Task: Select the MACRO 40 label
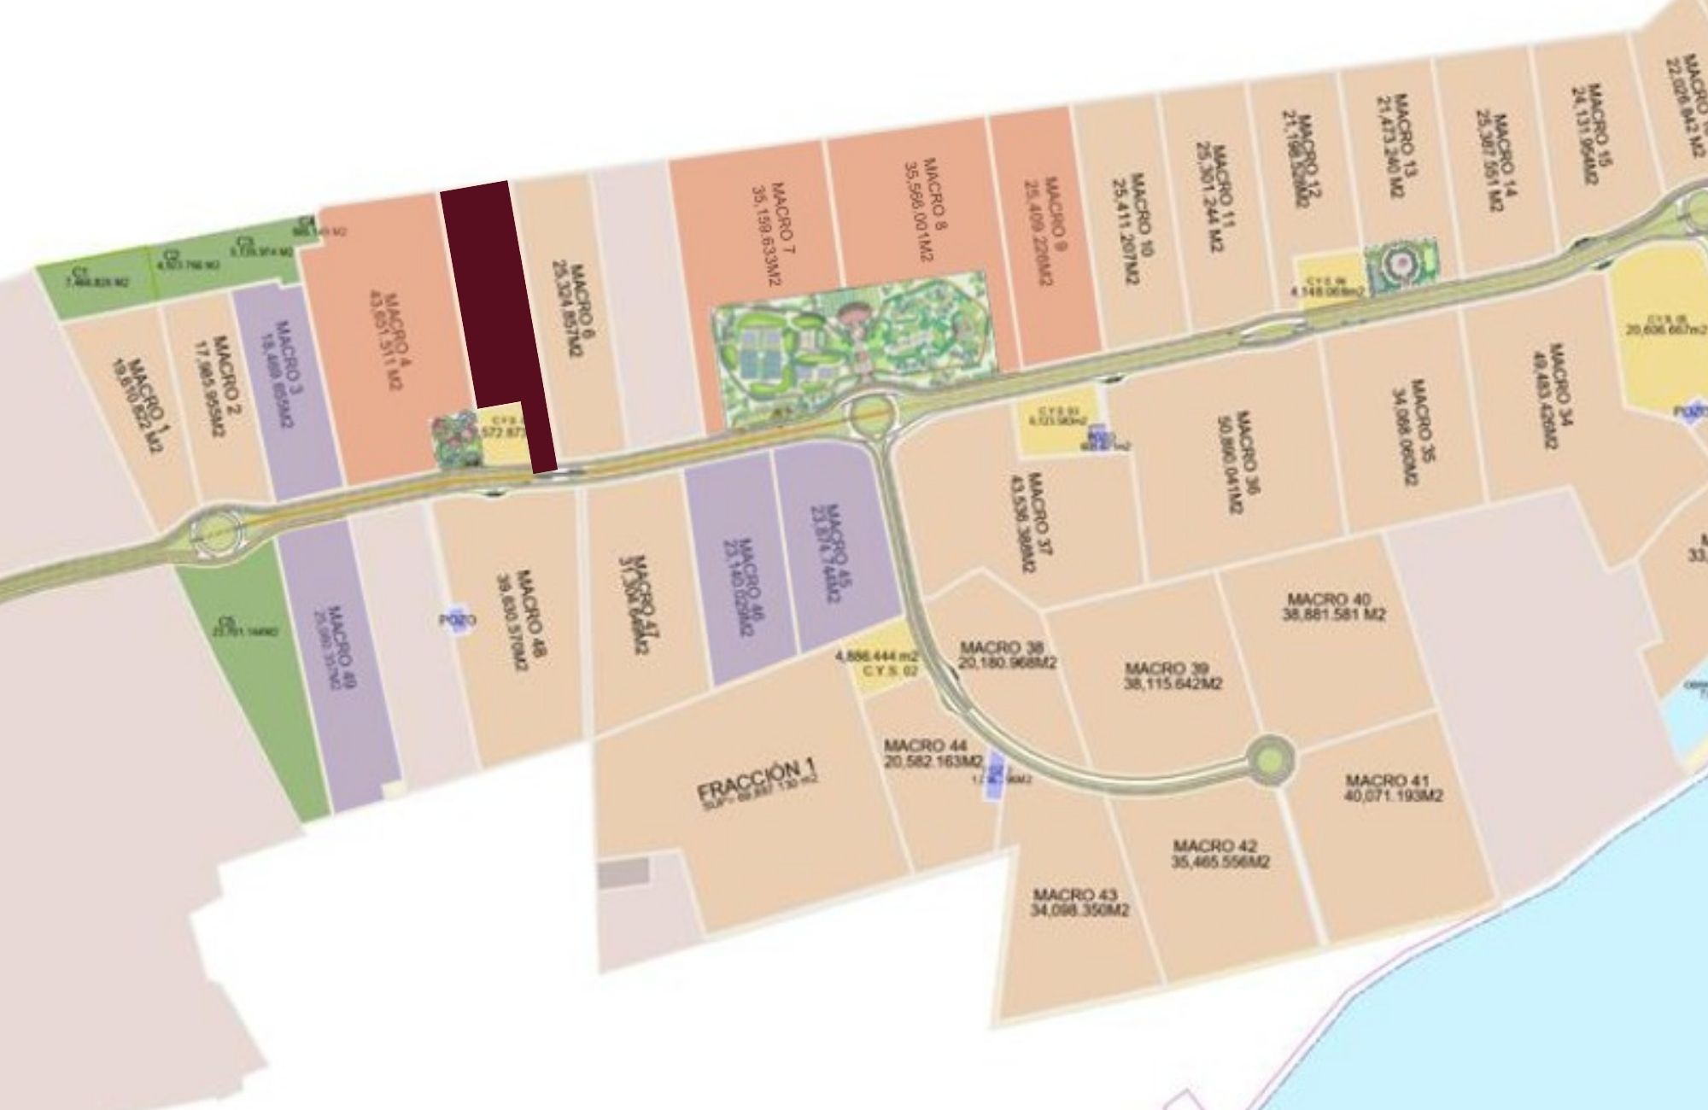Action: (x=1333, y=606)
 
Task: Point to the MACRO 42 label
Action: (x=1220, y=854)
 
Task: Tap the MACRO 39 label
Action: (x=1173, y=675)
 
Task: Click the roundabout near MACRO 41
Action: (x=1270, y=758)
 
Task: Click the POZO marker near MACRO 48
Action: (x=458, y=620)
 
